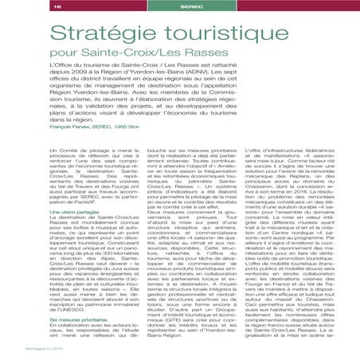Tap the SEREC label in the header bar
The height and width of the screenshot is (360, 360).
(x=180, y=6)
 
